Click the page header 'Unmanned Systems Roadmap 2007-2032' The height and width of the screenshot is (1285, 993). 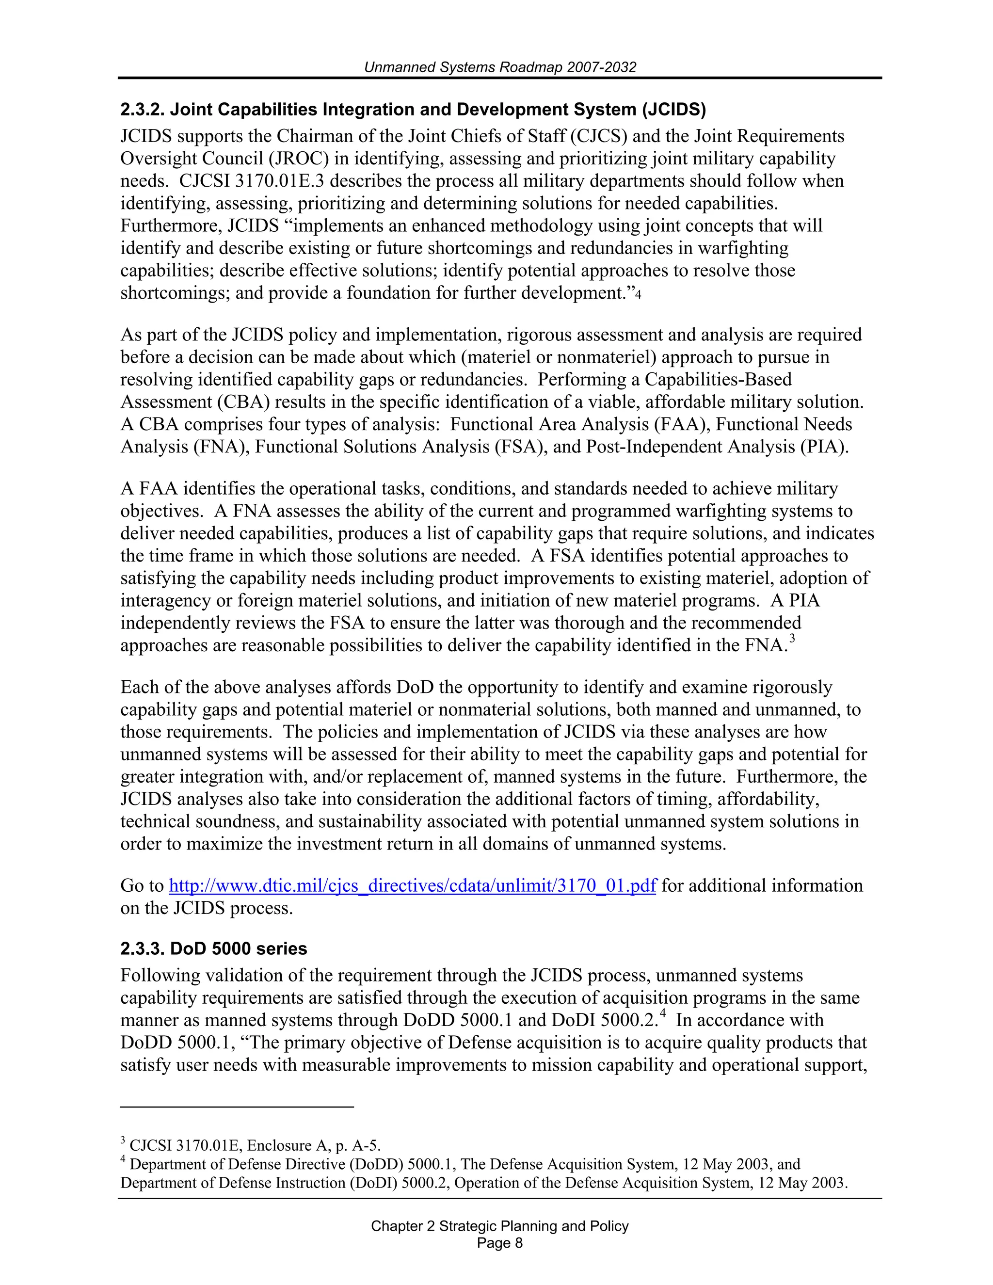(499, 67)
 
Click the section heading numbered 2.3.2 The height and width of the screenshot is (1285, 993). (413, 110)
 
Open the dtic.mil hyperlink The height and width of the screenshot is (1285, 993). (412, 885)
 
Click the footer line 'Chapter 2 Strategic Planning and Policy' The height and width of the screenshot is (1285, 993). (499, 1226)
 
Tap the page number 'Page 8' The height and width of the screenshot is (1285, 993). (499, 1243)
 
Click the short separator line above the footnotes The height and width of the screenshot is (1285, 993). (237, 1107)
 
